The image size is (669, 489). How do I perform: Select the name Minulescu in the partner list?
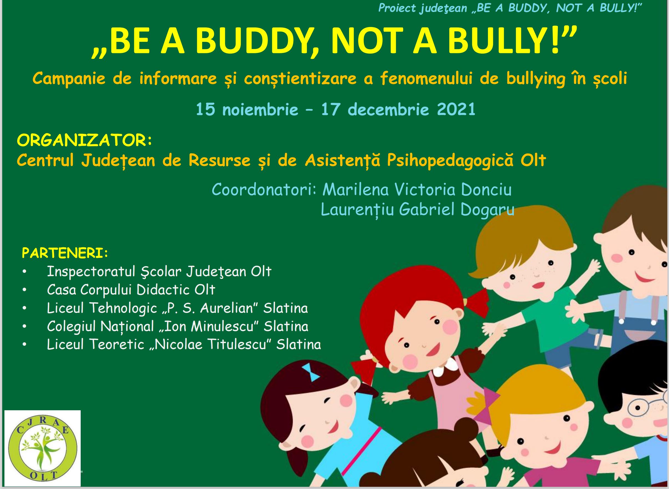(223, 327)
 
